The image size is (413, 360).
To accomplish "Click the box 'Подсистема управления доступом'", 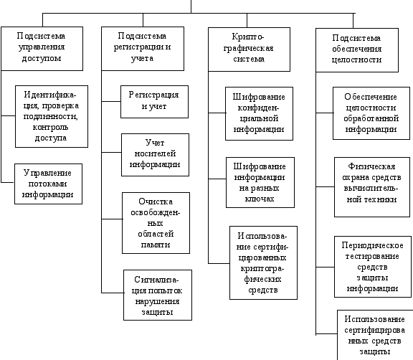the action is (42, 49).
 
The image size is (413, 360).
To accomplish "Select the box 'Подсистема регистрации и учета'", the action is (143, 49).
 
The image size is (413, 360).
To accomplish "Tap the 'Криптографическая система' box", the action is (249, 49).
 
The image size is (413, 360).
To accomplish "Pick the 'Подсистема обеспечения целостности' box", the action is (357, 50).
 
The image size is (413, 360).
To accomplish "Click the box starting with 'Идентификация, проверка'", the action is (52, 116).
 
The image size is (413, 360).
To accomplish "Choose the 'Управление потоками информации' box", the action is (48, 184).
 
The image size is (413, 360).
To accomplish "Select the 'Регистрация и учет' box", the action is (154, 102).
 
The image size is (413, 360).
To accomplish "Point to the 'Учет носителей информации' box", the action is (155, 155).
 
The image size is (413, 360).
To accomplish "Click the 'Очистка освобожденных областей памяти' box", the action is (156, 223).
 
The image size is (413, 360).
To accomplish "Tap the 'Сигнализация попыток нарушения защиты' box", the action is (158, 295).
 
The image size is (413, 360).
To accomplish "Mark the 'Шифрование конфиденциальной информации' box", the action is (259, 113).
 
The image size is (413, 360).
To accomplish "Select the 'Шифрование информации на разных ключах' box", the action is (260, 182).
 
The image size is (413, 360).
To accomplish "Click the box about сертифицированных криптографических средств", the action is (263, 262).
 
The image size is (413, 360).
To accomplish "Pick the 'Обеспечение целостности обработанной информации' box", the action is (371, 113).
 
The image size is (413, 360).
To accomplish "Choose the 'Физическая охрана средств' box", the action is (372, 187).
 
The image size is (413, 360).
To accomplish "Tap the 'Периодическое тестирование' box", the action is (373, 267).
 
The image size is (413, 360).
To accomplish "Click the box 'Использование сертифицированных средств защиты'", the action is (375, 335).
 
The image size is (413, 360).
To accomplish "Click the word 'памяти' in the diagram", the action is (156, 245).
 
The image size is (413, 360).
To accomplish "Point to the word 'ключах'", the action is (260, 199).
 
